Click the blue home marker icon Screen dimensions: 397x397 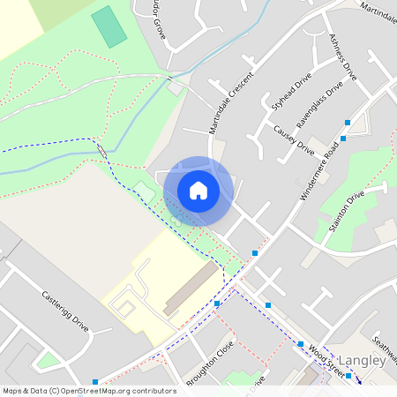[198, 191]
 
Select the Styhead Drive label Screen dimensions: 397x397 [291, 91]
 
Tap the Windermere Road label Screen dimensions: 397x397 [319, 169]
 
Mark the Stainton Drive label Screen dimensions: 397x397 [344, 212]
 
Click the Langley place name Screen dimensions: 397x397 [363, 360]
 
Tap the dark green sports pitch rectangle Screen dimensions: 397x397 [109, 26]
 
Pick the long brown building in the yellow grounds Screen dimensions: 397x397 [191, 288]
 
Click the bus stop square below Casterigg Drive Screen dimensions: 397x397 [95, 382]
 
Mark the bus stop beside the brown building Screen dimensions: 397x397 [217, 303]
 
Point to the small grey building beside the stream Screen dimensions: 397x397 [175, 87]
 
